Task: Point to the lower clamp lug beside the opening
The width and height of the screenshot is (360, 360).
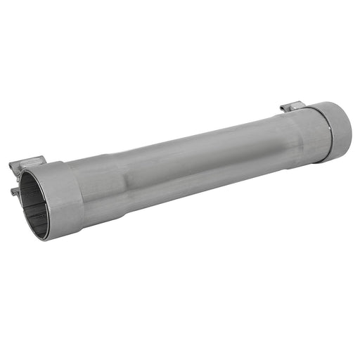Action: click(15, 190)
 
